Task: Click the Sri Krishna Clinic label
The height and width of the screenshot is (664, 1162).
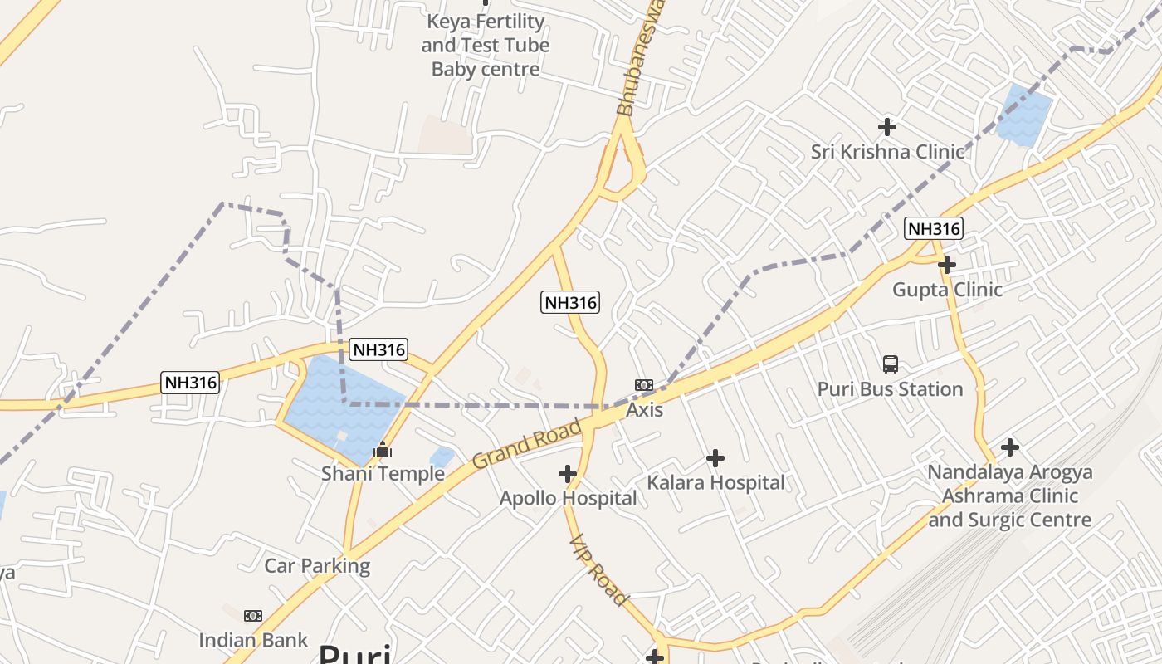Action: [x=887, y=152]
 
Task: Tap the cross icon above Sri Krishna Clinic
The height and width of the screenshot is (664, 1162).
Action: [x=887, y=127]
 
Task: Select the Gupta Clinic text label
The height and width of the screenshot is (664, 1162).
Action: [x=947, y=290]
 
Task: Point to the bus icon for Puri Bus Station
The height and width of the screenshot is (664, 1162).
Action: [x=890, y=364]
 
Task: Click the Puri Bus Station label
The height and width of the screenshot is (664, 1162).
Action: [x=890, y=389]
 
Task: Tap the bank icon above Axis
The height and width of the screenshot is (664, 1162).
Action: [x=644, y=385]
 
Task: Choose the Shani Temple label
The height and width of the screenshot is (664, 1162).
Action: [x=383, y=474]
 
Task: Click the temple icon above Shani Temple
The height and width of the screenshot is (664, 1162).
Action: [x=383, y=450]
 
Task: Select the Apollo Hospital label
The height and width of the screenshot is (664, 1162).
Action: [x=568, y=498]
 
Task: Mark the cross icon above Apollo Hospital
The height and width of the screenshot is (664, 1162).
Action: [x=568, y=474]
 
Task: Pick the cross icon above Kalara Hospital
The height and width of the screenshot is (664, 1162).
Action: [x=715, y=458]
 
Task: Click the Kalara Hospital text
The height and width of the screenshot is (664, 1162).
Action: [x=715, y=482]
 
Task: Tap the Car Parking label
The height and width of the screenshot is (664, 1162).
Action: [x=317, y=566]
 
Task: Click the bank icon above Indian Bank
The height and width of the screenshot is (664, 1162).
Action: [x=253, y=616]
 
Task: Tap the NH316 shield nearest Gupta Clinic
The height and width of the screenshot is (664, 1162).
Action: [x=934, y=229]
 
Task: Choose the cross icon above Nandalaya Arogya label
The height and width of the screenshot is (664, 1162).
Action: [x=1009, y=447]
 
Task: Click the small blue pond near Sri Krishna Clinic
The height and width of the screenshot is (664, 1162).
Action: [x=1023, y=115]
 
